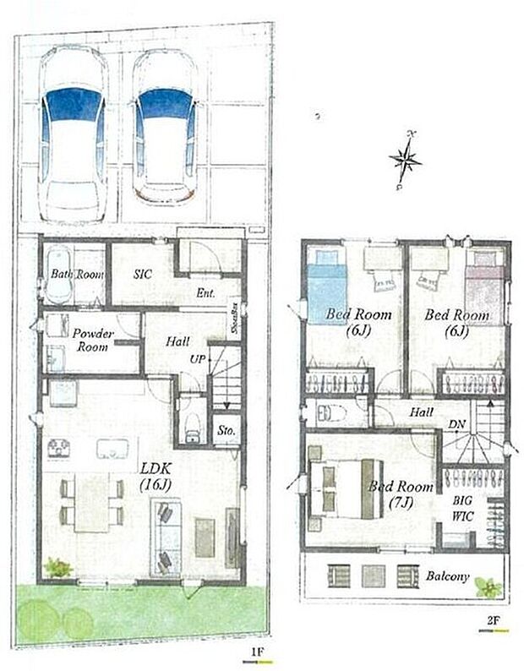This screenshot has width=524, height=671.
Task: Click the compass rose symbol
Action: coord(406,156)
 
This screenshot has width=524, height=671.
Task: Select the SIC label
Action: coord(142,274)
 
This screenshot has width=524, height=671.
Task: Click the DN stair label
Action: coord(456,423)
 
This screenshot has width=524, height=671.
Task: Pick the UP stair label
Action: coord(198,360)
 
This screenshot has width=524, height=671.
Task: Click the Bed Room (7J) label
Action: coord(401,496)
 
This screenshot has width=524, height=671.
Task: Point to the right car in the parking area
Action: coord(166,127)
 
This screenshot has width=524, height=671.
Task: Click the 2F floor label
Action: coord(493,619)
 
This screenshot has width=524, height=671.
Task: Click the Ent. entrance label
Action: coord(205,293)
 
